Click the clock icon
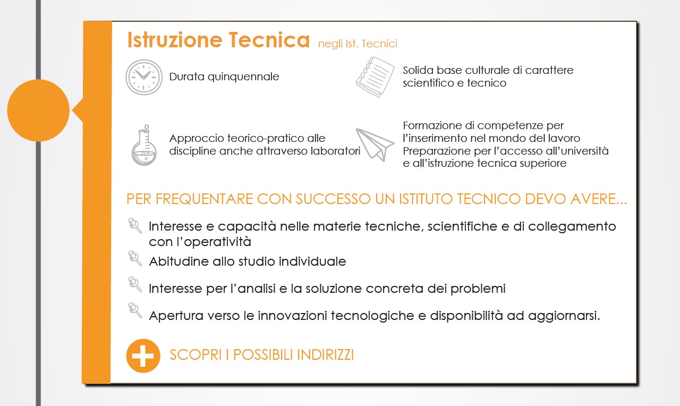(x=144, y=77)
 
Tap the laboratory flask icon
(x=144, y=145)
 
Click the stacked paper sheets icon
(x=376, y=77)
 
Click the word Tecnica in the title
(x=269, y=40)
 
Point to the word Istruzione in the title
(x=175, y=40)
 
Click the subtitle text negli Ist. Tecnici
(x=358, y=44)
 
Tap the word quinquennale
(x=243, y=77)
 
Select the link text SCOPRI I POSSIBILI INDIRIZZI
(x=262, y=354)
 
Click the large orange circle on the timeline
(x=38, y=110)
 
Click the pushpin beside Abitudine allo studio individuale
(x=135, y=258)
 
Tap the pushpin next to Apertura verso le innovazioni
(x=135, y=310)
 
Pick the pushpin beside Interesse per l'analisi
(x=135, y=284)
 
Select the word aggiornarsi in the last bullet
(x=564, y=316)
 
